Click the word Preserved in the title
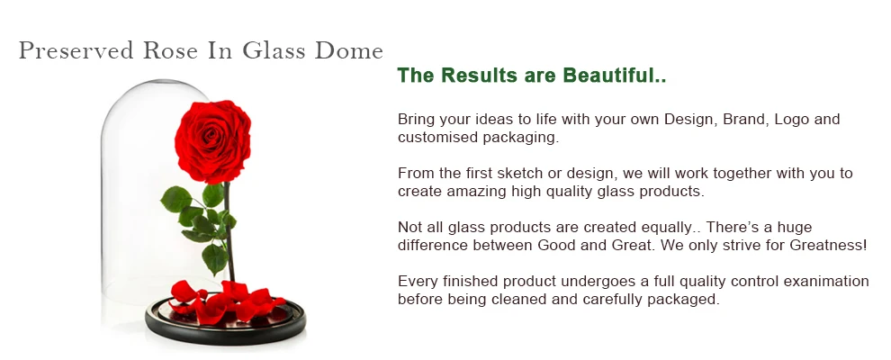76,50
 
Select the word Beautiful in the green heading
615,75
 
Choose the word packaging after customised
521,138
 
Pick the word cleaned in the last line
519,299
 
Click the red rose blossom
212,142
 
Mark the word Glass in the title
274,50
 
